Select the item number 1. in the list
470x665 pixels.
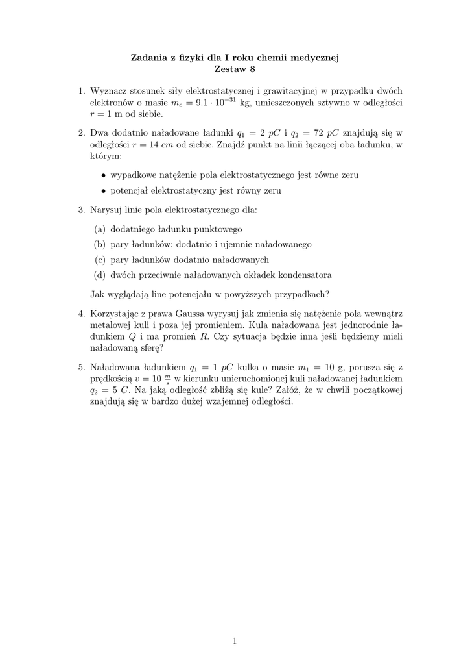[82, 91]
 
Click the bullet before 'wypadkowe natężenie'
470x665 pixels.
[104, 175]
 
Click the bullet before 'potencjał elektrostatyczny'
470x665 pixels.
[104, 192]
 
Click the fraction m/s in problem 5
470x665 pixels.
[167, 378]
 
